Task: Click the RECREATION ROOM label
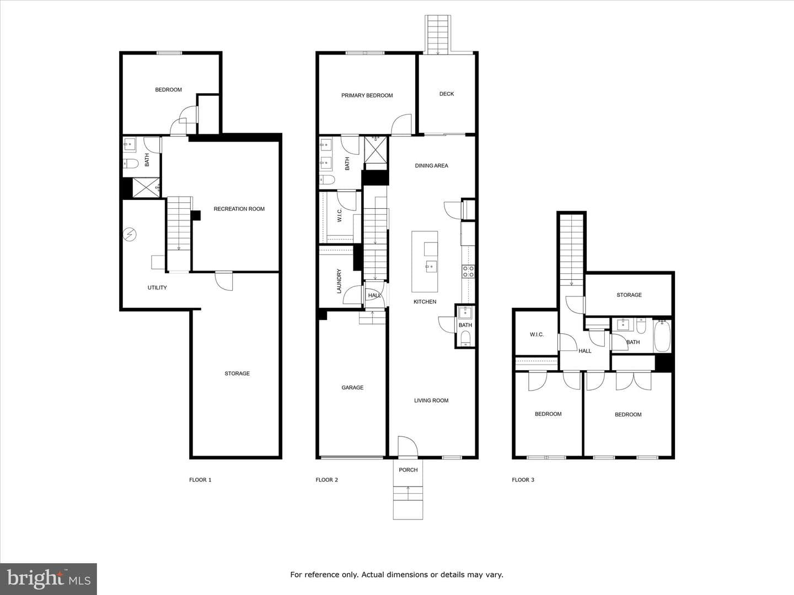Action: point(239,209)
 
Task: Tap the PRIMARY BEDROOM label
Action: point(367,95)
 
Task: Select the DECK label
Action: point(447,94)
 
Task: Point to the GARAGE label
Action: point(352,388)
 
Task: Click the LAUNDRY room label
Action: point(339,281)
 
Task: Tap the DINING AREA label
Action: point(431,165)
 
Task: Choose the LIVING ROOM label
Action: point(431,401)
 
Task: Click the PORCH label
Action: point(408,469)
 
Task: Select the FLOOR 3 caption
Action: point(523,480)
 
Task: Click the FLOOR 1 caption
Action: point(200,480)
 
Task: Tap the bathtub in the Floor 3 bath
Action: point(662,336)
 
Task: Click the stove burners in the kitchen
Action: point(468,271)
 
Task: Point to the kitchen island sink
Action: point(431,267)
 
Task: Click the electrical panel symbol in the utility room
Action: point(130,235)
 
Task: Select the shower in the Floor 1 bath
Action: point(146,187)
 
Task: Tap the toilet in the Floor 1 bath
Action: point(131,164)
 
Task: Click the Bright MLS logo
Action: point(49,578)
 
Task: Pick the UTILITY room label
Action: point(157,288)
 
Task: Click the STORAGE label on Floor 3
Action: point(629,295)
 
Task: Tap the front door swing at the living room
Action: point(407,446)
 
